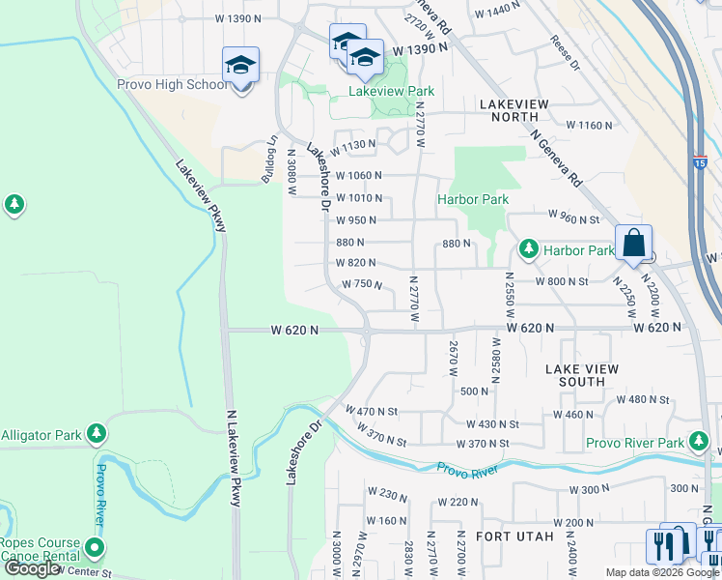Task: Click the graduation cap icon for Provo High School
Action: click(240, 65)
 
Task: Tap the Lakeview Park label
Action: click(391, 92)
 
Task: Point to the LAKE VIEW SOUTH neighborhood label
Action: click(581, 375)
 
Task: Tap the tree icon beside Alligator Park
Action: click(96, 434)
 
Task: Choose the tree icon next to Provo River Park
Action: click(699, 443)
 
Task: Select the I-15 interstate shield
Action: click(700, 164)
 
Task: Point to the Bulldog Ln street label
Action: click(270, 154)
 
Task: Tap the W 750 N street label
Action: click(363, 284)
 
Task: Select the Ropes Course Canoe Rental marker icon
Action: click(94, 548)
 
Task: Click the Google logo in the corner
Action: click(32, 568)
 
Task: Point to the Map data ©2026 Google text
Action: click(661, 572)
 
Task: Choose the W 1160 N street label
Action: click(589, 126)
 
